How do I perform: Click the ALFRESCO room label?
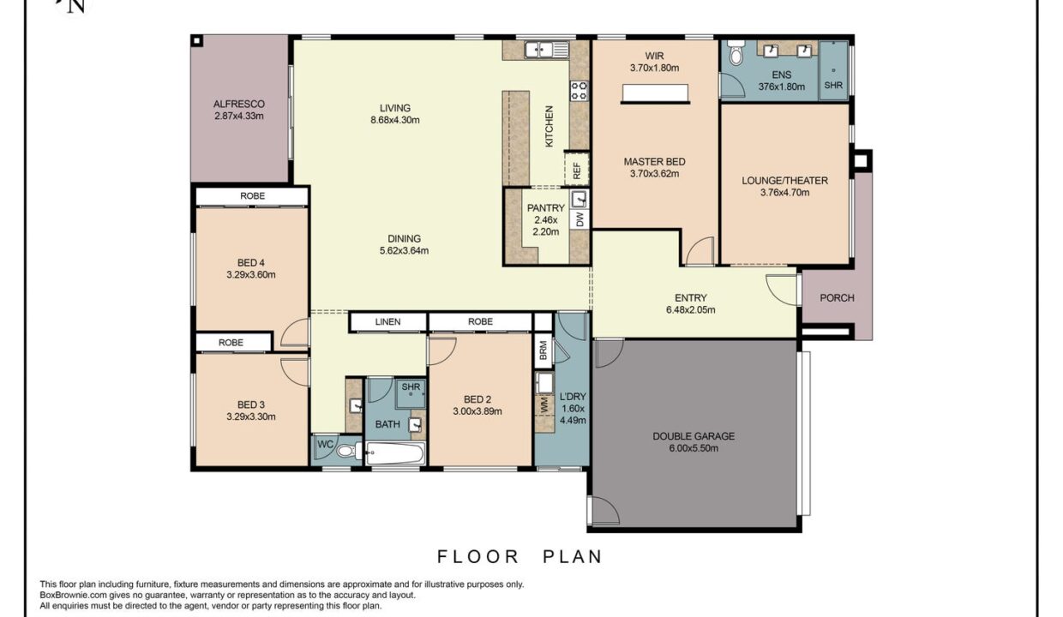coord(238,104)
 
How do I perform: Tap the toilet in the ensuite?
coord(736,52)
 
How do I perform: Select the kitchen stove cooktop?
coord(579,91)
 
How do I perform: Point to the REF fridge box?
coord(577,169)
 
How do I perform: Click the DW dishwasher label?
coord(580,219)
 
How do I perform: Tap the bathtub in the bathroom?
coord(394,453)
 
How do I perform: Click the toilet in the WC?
coord(347,450)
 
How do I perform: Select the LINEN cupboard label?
coord(387,321)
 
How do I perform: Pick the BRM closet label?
coord(544,350)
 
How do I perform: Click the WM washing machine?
coord(544,405)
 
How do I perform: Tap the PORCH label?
coord(837,298)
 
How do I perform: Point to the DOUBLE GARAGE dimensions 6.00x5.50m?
coord(694,448)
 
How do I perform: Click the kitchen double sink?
coord(547,50)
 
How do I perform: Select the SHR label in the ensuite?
coord(833,85)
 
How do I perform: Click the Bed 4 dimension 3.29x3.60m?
coord(251,274)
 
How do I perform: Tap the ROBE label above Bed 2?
coord(480,321)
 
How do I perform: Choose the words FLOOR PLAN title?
coord(519,556)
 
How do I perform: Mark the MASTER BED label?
coord(654,162)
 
